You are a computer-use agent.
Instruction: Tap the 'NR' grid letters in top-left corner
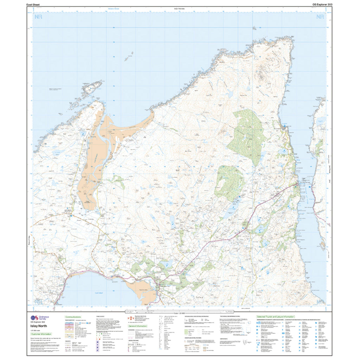coord(38,17)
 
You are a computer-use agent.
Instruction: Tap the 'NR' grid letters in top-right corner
coord(320,17)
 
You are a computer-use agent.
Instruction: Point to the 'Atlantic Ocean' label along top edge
coord(114,8)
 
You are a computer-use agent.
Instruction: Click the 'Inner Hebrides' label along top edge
coord(179,8)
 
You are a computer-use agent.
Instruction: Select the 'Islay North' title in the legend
coord(37,326)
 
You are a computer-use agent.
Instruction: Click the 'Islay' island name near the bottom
coord(199,297)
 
